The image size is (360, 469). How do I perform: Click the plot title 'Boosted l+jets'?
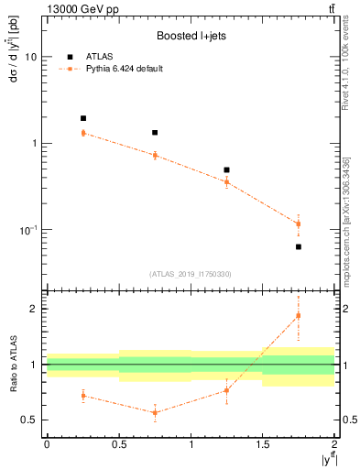[x=190, y=37]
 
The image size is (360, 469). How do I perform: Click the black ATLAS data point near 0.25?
[x=82, y=118]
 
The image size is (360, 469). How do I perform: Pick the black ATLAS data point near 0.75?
[x=155, y=133]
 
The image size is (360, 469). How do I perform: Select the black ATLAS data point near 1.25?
[x=226, y=170]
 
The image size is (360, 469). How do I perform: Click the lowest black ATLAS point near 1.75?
[x=299, y=247]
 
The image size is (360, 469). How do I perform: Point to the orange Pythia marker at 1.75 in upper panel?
[x=299, y=224]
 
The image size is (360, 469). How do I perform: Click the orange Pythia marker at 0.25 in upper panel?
[x=82, y=133]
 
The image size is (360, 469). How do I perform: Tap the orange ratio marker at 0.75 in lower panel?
[x=155, y=412]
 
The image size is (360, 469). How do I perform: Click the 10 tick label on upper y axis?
[x=31, y=57]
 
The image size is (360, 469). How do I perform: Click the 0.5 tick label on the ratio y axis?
[x=29, y=420]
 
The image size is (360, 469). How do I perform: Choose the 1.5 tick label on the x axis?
[x=263, y=443]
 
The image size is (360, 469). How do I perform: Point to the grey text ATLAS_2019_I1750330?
[x=190, y=274]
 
